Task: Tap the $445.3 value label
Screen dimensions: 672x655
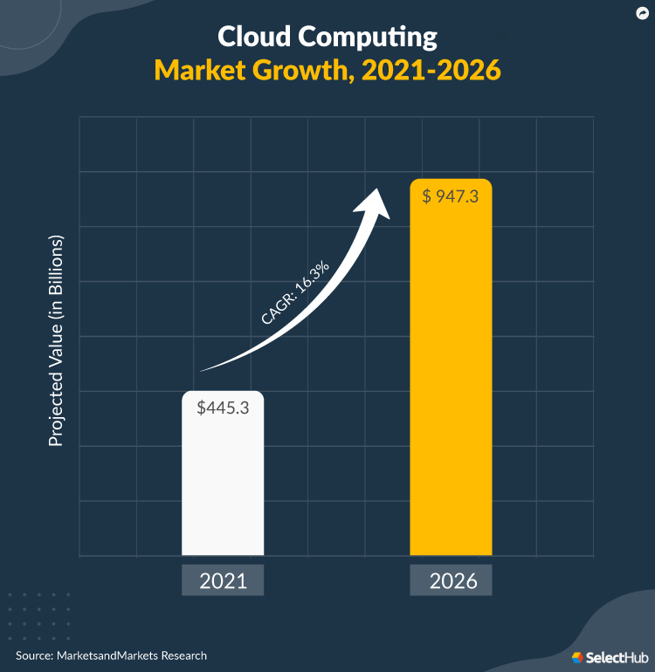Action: [x=223, y=407]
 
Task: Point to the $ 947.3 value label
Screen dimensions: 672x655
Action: [x=451, y=196]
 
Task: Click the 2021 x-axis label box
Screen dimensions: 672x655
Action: [x=223, y=581]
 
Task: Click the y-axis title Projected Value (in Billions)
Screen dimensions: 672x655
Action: [x=57, y=340]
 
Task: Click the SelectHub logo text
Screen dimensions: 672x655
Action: [x=615, y=656]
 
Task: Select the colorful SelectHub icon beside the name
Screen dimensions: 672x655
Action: [x=577, y=656]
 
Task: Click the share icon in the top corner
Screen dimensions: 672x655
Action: [x=640, y=14]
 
